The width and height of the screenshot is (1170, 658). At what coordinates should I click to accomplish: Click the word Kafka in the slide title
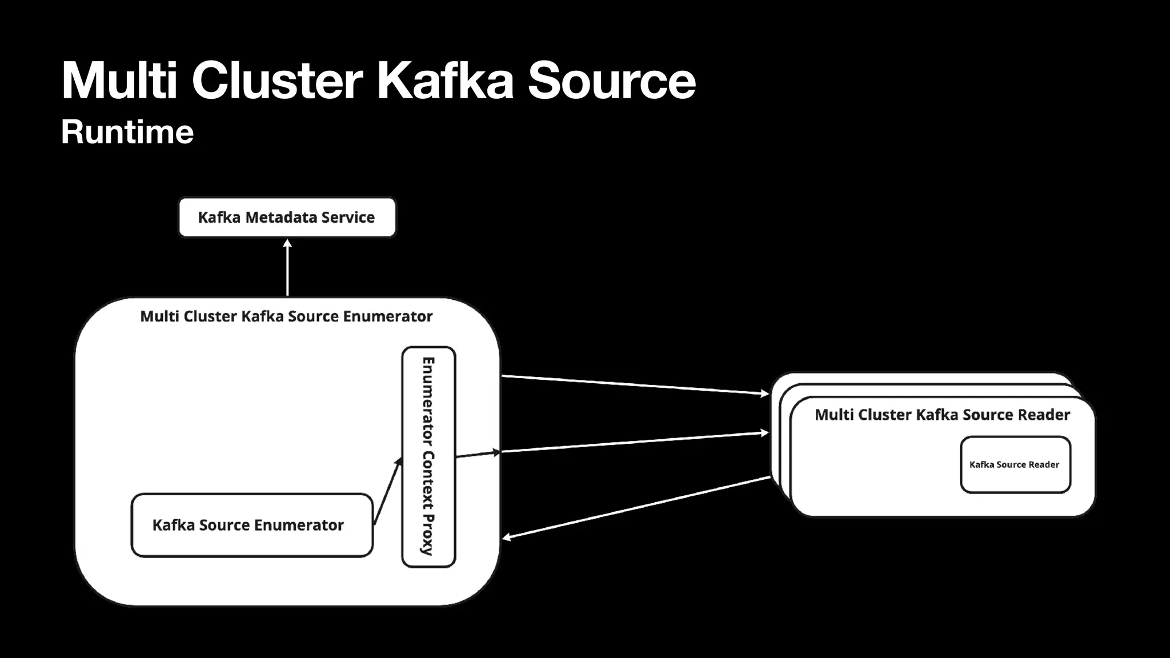pyautogui.click(x=445, y=81)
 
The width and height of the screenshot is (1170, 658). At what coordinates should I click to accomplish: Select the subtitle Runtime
pyautogui.click(x=127, y=132)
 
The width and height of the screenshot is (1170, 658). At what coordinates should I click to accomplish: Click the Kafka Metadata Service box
pyautogui.click(x=287, y=217)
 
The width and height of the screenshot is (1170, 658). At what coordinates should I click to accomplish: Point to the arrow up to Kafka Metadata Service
pyautogui.click(x=287, y=268)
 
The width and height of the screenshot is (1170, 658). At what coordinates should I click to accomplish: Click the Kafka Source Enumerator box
pyautogui.click(x=251, y=525)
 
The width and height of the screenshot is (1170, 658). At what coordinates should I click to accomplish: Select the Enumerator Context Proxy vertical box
pyautogui.click(x=428, y=457)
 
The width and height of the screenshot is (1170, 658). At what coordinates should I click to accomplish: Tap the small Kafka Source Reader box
pyautogui.click(x=1015, y=464)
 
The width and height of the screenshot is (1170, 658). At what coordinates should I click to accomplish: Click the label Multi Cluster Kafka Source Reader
pyautogui.click(x=942, y=415)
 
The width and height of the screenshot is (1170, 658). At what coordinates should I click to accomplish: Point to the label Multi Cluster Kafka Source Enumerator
pyautogui.click(x=286, y=316)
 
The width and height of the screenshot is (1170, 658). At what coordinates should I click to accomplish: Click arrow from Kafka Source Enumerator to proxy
pyautogui.click(x=387, y=491)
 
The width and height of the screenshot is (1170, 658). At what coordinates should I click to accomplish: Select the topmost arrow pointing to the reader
pyautogui.click(x=634, y=384)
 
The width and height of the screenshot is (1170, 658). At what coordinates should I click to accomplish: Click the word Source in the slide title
pyautogui.click(x=611, y=81)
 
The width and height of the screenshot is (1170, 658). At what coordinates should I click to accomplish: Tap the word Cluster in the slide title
pyautogui.click(x=277, y=81)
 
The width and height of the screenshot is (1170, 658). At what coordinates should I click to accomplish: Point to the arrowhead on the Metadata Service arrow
pyautogui.click(x=287, y=243)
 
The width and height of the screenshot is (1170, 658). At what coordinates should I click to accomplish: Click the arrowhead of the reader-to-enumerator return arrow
pyautogui.click(x=506, y=537)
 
